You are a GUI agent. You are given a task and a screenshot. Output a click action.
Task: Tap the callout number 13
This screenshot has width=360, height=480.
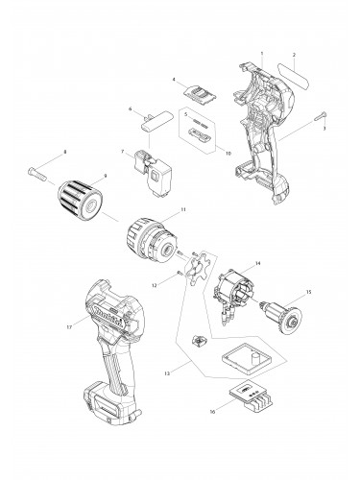pos(171,371)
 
